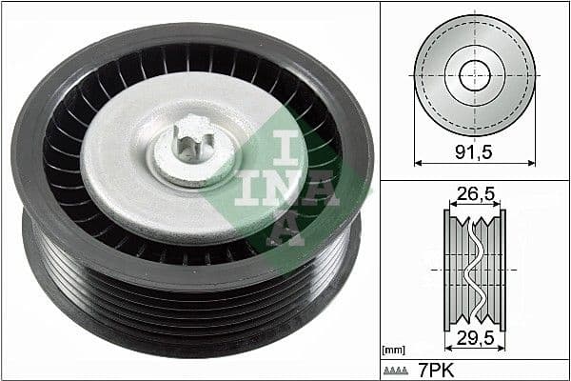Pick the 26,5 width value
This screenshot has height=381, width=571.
click(474, 195)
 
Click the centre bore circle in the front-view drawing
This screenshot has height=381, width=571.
click(473, 75)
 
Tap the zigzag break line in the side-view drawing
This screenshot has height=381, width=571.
click(474, 267)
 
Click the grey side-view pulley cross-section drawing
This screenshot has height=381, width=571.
click(457, 267)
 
